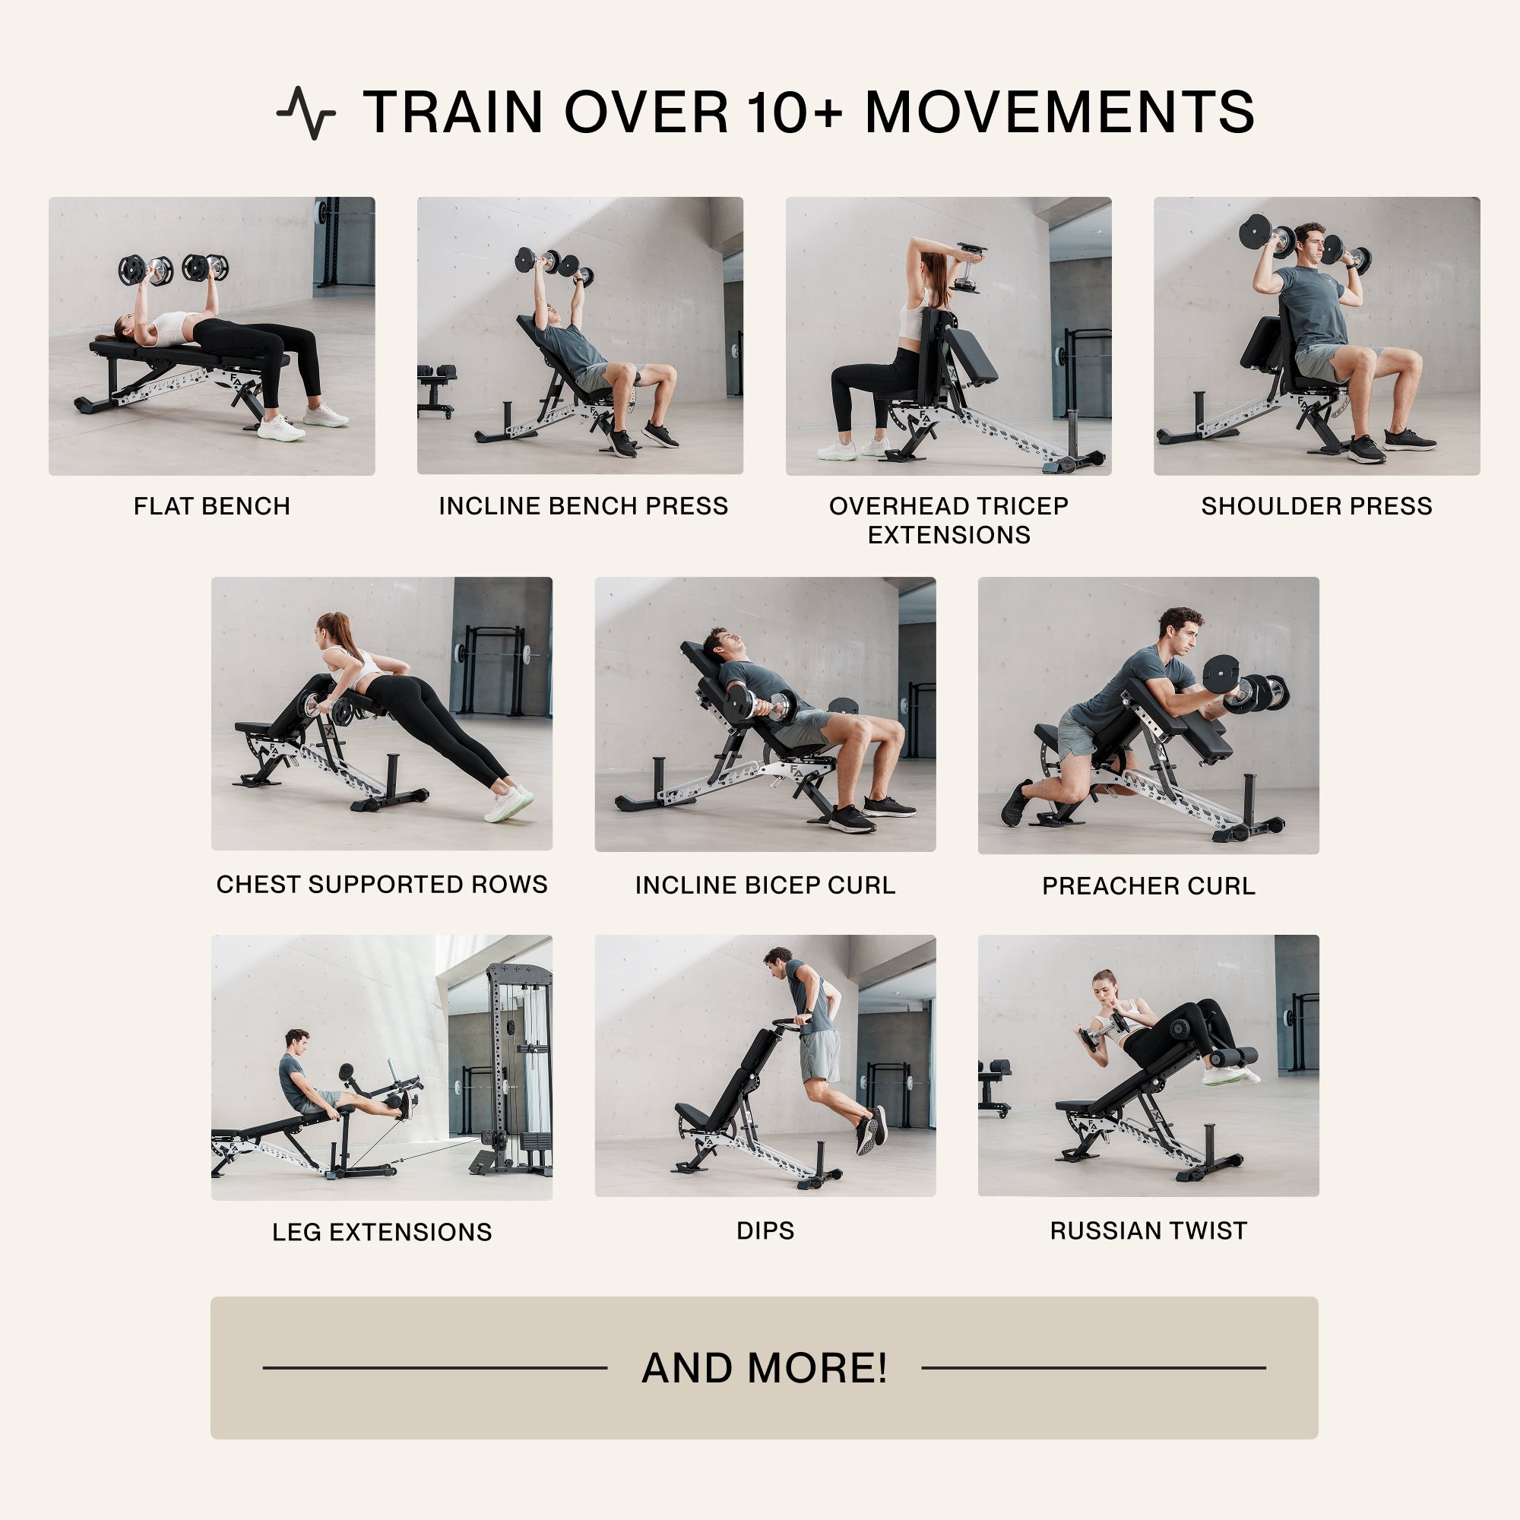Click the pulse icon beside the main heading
pos(306,112)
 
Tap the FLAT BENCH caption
pos(211,506)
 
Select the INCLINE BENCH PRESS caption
pos(583,506)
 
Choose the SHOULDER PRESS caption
pos(1316,506)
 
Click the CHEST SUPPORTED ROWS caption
pos(382,885)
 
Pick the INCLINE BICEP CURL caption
pos(765,885)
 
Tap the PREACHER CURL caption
pos(1148,886)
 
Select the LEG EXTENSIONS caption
pos(382,1231)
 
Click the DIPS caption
pos(765,1230)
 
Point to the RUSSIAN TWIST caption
pos(1148,1230)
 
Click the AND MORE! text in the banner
pos(764,1367)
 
